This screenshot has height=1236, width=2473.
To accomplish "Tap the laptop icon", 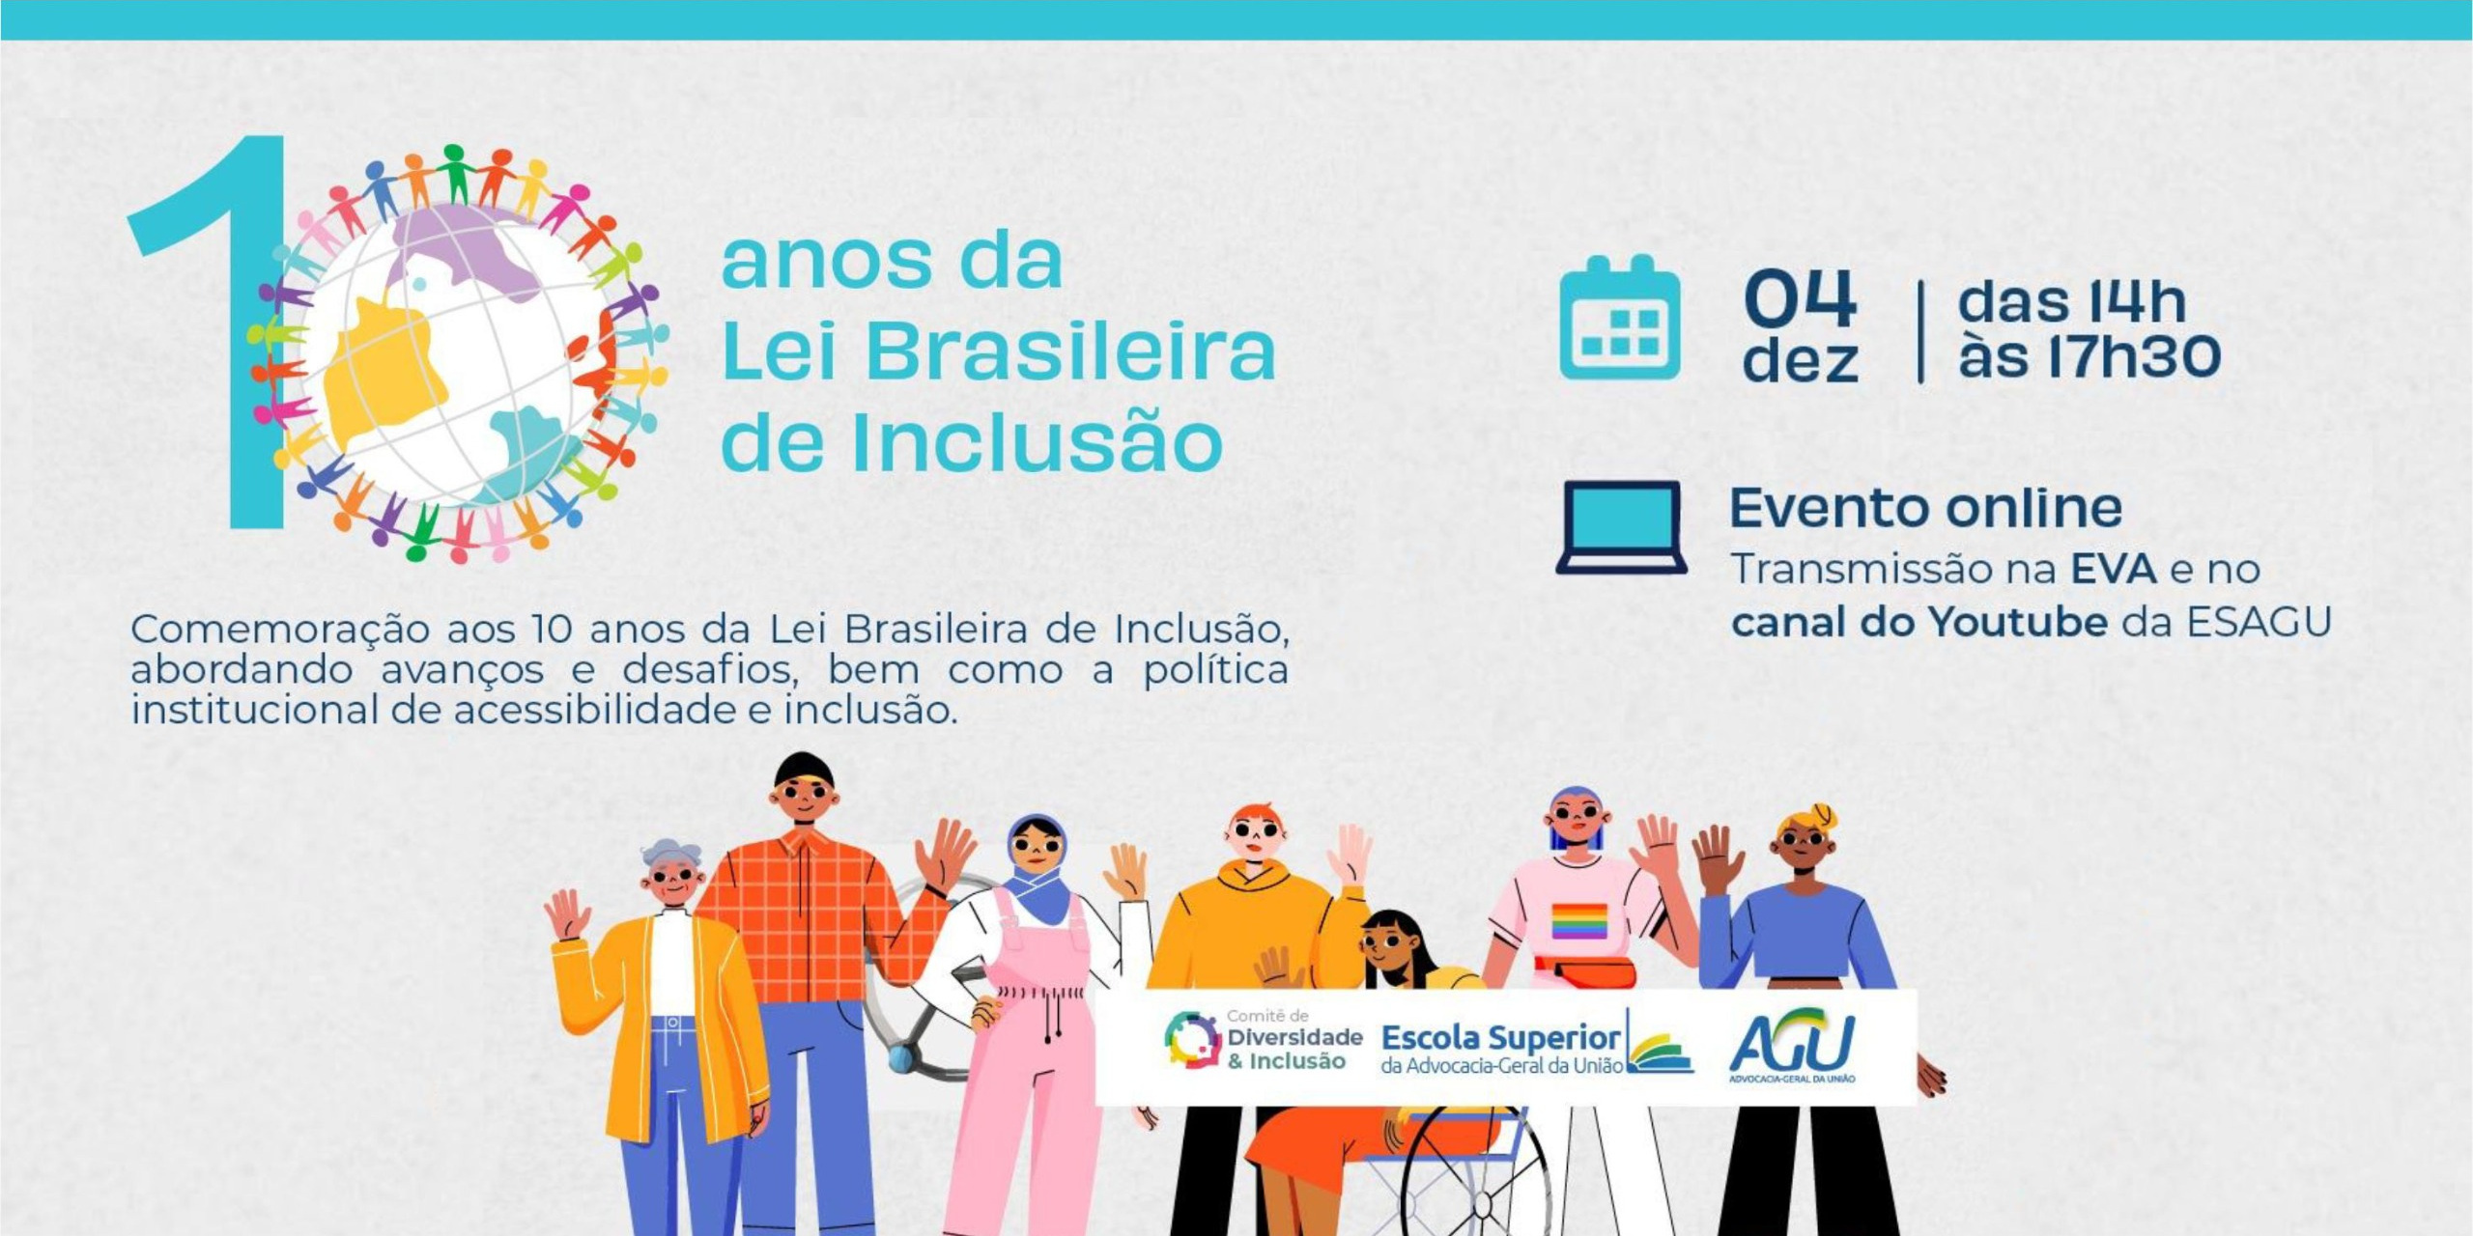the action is tap(1622, 527).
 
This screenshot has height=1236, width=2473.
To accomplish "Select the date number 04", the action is tap(1801, 299).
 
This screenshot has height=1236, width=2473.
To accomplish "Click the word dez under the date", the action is tap(1801, 360).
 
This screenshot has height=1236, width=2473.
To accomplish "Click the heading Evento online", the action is tap(1926, 508).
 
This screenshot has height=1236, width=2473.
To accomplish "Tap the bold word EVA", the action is tap(2115, 569).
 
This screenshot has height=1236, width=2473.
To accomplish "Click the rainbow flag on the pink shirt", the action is tap(1579, 920).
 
